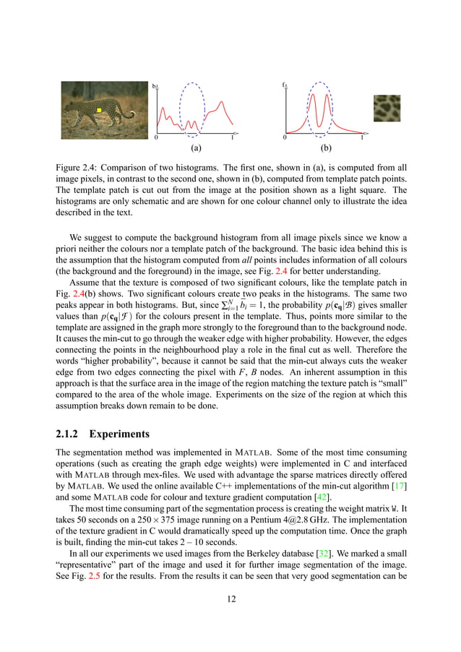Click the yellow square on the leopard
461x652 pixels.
[x=100, y=111]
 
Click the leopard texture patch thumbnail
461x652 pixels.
[x=387, y=108]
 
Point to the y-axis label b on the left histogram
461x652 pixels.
[x=154, y=87]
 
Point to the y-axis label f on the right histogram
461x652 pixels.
[x=284, y=85]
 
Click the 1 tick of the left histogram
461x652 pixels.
[x=232, y=137]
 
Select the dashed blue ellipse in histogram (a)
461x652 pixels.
[x=191, y=109]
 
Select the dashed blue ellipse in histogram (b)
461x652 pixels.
[x=320, y=109]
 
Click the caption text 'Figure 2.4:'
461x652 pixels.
[x=77, y=167]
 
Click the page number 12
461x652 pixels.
[x=231, y=599]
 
